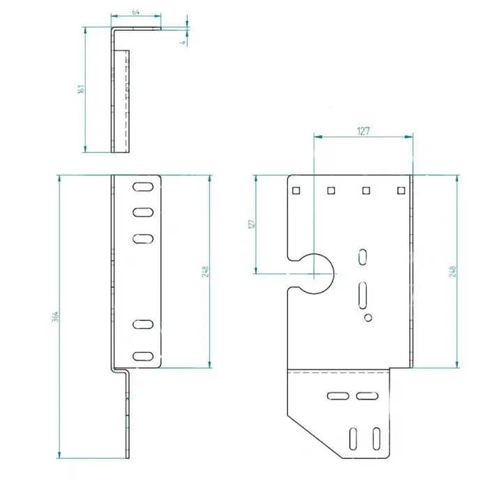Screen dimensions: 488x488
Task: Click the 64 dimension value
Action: [x=135, y=13]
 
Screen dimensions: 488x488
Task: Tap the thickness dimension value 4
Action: [x=183, y=43]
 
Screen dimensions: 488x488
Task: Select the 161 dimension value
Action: [x=82, y=89]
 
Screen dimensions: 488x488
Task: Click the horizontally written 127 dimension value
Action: [x=363, y=130]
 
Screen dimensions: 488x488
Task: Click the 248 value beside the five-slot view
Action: [x=206, y=271]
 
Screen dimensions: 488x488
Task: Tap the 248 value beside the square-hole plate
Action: [x=453, y=270]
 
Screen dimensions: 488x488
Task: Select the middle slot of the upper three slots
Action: [x=142, y=212]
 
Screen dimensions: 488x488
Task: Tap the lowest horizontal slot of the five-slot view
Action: [x=142, y=356]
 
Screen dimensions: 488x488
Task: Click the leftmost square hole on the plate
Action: [x=296, y=190]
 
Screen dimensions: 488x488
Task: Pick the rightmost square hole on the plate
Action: [x=400, y=190]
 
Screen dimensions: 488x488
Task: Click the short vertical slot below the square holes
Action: [x=363, y=257]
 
